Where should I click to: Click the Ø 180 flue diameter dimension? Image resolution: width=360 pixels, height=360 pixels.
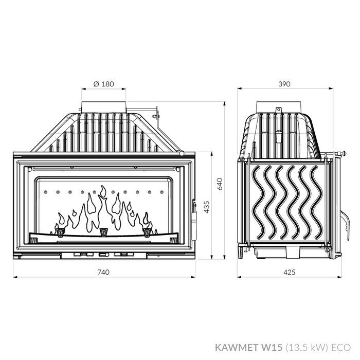tap(104, 84)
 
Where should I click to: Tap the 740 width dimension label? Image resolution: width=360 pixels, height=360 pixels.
tap(103, 272)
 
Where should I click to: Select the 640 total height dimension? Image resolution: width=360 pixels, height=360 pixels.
tap(220, 184)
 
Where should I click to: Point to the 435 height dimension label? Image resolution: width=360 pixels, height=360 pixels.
tap(207, 207)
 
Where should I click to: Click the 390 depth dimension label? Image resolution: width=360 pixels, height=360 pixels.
tap(284, 84)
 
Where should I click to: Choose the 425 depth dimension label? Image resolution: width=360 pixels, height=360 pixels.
tap(289, 272)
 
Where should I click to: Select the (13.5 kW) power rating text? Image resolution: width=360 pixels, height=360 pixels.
tap(307, 348)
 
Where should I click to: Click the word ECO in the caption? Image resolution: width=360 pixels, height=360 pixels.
tap(341, 347)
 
